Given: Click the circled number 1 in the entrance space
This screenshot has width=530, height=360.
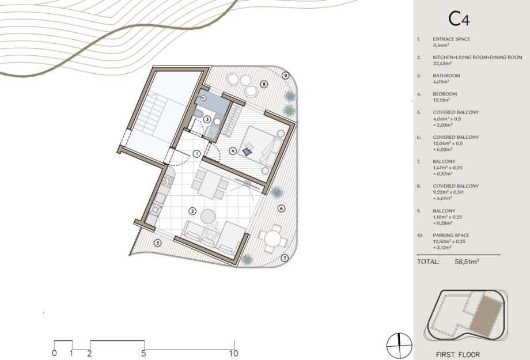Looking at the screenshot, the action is tap(197, 154).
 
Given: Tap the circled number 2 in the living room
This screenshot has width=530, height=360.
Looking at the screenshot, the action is tap(192, 211).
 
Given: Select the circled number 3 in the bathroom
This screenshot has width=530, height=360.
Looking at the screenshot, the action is tap(207, 119).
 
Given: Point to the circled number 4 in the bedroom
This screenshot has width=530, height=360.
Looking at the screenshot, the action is tap(233, 151).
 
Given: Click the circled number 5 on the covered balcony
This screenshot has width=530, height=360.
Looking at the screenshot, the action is tap(157, 242).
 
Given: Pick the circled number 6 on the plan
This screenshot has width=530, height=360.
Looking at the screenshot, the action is tap(282, 209).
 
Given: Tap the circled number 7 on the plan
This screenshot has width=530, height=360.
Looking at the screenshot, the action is tap(285, 258).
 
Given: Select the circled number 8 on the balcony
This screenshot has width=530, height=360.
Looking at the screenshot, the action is tap(264, 84).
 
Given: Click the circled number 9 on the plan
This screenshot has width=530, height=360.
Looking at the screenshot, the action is tap(286, 75).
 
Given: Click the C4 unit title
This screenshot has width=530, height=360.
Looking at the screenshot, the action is tap(459, 19).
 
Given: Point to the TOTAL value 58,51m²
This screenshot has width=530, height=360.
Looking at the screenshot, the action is tap(467, 262).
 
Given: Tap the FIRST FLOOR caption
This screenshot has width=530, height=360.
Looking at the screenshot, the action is tap(457, 355).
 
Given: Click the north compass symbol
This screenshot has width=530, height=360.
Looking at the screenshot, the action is tap(400, 346).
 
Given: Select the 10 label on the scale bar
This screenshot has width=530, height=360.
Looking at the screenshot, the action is tap(233, 354).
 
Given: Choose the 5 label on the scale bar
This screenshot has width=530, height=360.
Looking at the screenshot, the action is tap(143, 354).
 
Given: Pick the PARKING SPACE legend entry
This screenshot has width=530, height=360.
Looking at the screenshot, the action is tap(451, 235).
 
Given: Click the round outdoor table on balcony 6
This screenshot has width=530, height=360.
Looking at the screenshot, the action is tap(273, 238).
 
